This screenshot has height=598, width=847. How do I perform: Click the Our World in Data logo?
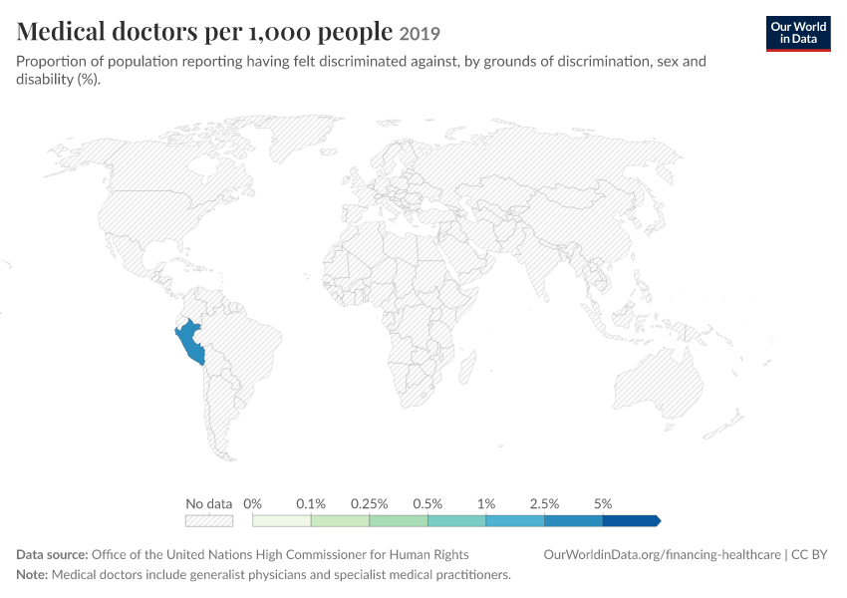coord(798,34)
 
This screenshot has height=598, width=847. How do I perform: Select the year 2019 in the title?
coord(420,34)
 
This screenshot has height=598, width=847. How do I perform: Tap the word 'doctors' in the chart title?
coord(154,31)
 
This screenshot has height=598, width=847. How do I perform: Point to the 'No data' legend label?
coord(208,504)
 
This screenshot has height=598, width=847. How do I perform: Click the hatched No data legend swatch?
coord(209,520)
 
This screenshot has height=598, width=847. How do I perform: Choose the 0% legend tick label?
coord(252,504)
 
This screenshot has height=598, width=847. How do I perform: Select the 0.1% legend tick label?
coord(311,504)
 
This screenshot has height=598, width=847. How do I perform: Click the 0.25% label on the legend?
coord(369,504)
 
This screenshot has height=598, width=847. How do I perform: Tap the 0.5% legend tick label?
coord(427,504)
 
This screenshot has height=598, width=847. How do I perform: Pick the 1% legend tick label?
coord(486,504)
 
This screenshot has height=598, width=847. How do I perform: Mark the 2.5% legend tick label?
coord(544,504)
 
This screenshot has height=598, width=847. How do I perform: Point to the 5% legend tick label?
coord(603,504)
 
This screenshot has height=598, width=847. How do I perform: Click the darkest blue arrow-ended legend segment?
coord(632,520)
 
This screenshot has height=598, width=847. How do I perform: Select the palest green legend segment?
coord(281,520)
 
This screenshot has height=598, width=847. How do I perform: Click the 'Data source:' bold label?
coord(52,555)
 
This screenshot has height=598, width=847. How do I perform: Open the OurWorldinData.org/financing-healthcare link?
coord(662,555)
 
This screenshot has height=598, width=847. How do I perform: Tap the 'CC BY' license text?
coord(809,555)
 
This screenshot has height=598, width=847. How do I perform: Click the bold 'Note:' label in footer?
coord(33,575)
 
